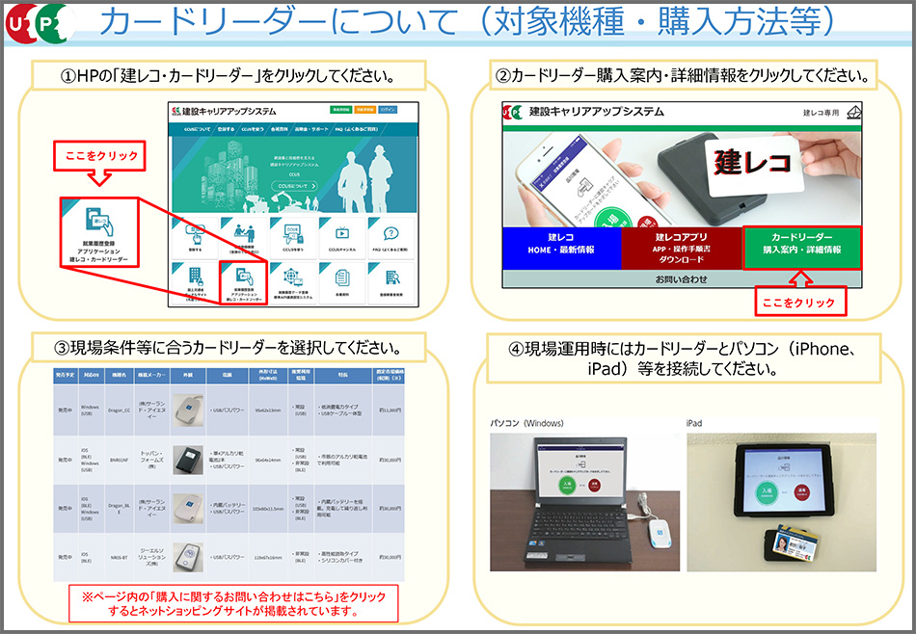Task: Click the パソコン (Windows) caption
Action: click(526, 422)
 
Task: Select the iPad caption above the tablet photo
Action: click(695, 422)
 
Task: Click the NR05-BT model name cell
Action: click(121, 557)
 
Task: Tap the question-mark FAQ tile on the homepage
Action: click(391, 236)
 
